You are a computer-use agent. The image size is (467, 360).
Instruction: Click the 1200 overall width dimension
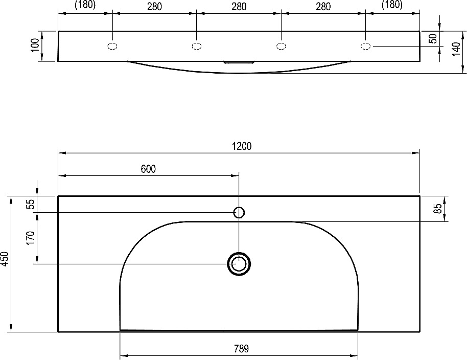pos(242,146)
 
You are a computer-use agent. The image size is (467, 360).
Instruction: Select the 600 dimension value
pos(148,169)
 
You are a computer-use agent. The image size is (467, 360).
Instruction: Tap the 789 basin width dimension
pos(241,348)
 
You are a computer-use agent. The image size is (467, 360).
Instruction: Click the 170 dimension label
pos(31,238)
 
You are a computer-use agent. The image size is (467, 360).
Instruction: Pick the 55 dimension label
pos(31,204)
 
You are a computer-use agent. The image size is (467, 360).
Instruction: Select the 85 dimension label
pos(438,208)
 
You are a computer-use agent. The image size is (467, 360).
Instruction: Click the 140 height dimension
pos(456,49)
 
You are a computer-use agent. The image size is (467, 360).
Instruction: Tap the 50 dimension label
pos(434,38)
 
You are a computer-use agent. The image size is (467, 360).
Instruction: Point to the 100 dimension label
pos(35,45)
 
